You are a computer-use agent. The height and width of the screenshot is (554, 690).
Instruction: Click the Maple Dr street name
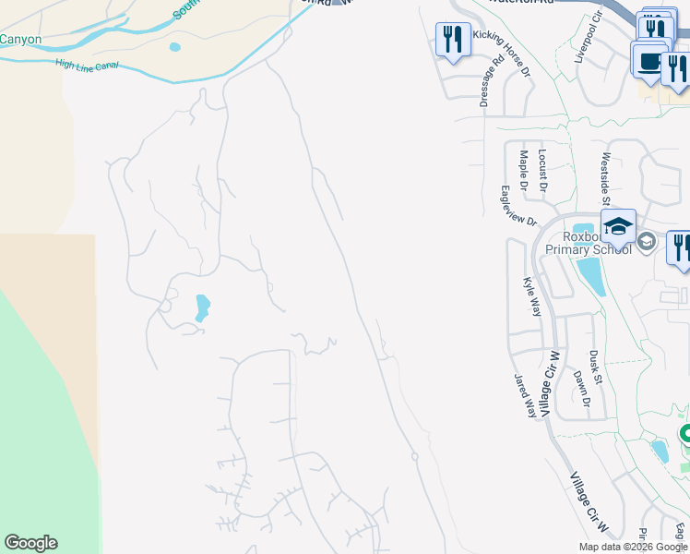[x=524, y=171]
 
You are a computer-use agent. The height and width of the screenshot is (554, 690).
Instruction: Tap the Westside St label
[x=607, y=178]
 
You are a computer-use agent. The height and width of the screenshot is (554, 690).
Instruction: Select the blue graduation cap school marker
[x=617, y=225]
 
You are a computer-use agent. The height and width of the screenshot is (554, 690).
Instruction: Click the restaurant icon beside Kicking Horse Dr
[x=451, y=39]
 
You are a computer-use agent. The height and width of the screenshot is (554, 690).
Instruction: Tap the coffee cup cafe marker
[x=648, y=60]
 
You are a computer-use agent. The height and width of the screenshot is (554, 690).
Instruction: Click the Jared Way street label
[x=525, y=395]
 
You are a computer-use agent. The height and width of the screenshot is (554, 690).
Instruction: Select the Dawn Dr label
[x=580, y=389]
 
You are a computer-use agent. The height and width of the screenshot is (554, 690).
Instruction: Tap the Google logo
[x=30, y=543]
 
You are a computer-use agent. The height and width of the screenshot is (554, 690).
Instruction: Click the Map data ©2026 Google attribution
[x=633, y=547]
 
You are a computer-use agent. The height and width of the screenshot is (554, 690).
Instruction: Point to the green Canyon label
[x=20, y=39]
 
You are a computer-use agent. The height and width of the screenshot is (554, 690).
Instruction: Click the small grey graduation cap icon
[x=647, y=242]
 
